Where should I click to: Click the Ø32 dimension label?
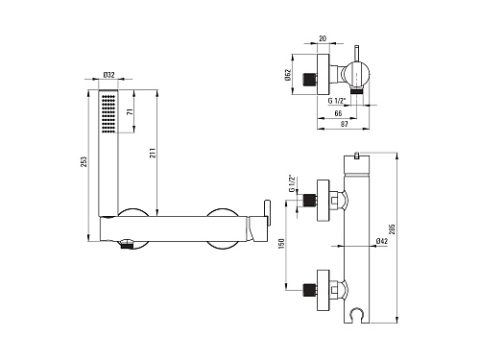(108, 75)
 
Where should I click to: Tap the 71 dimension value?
(130, 112)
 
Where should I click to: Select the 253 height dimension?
(84, 161)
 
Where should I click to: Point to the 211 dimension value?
(153, 153)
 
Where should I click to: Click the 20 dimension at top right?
(323, 38)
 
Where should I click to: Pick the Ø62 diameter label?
(287, 75)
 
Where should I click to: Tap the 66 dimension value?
(338, 113)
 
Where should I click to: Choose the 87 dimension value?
(344, 124)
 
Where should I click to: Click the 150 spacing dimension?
(281, 244)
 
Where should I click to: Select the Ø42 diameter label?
(382, 241)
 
